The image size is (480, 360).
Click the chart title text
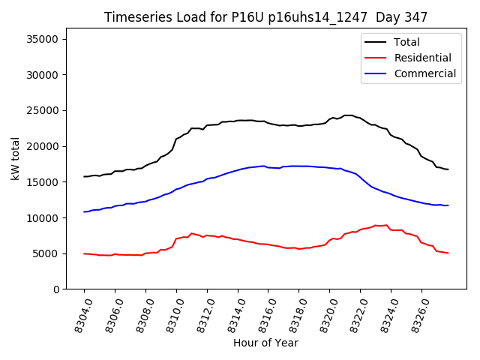(x=266, y=17)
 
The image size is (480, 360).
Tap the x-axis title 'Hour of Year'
(x=265, y=343)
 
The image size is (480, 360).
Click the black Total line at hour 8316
(x=268, y=123)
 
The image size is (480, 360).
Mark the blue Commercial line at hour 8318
(x=299, y=166)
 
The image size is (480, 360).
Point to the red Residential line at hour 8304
(x=85, y=253)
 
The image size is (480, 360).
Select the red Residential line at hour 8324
(x=391, y=229)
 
